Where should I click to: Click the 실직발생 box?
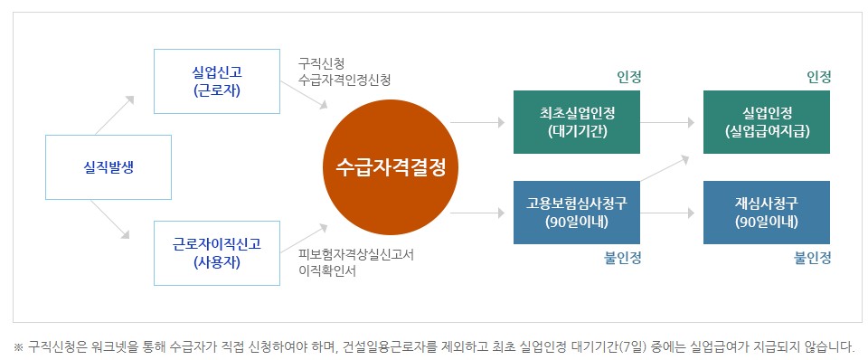(108, 167)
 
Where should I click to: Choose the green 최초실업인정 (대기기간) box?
(577, 122)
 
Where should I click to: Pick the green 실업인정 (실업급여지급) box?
(767, 122)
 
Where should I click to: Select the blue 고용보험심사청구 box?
(577, 213)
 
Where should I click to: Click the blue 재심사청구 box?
(767, 213)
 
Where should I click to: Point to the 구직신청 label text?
(321, 63)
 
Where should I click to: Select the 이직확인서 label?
(326, 270)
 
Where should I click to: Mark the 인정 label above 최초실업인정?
(629, 77)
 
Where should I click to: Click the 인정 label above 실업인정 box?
(819, 77)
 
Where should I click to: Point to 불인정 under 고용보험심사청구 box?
(623, 258)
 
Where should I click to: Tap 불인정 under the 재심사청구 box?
(813, 258)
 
